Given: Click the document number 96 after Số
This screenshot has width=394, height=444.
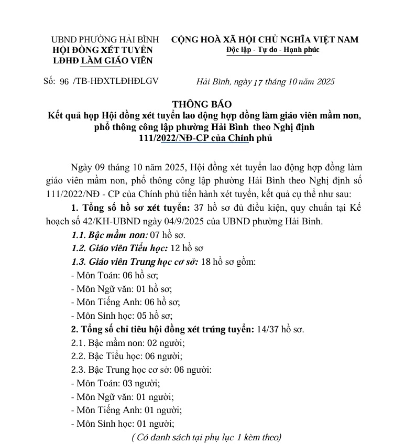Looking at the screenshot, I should point(65,81).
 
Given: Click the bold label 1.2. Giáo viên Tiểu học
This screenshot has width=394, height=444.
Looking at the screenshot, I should point(119,247).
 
